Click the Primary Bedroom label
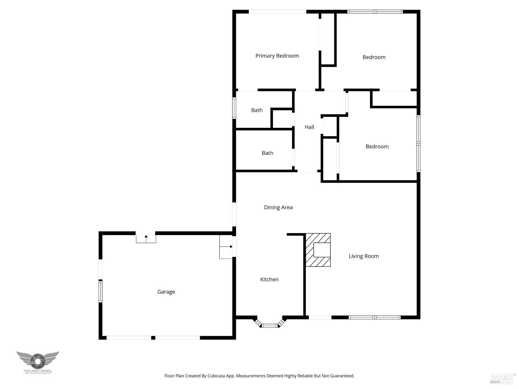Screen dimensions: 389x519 click(277, 56)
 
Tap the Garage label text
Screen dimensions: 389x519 click(166, 292)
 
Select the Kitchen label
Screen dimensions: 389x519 click(269, 279)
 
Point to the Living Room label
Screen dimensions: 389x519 click(364, 256)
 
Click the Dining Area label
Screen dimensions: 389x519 click(278, 207)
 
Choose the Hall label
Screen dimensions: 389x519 click(309, 127)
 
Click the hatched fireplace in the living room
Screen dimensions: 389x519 click(318, 250)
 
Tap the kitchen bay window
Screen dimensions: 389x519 click(270, 325)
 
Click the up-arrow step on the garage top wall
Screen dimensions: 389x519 click(146, 239)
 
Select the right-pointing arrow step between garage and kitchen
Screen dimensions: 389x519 click(226, 247)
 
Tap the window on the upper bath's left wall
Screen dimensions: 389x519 click(234, 108)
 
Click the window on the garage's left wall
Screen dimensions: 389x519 click(101, 291)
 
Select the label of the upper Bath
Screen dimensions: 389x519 click(257, 110)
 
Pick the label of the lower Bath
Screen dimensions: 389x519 click(267, 153)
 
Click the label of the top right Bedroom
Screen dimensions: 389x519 click(374, 57)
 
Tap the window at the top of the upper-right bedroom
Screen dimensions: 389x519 click(375, 12)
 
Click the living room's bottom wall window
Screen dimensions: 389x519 click(375, 317)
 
